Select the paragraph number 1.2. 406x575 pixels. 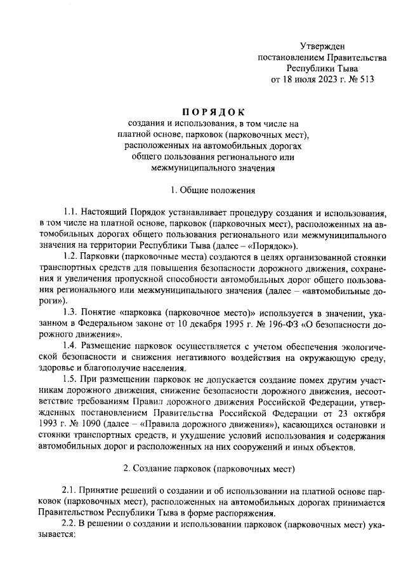(72, 256)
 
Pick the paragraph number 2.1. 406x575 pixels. (72, 491)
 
